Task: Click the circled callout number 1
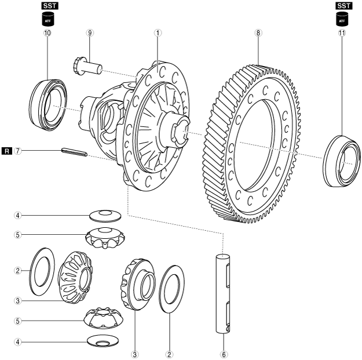point(157,33)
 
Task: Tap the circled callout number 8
point(258,33)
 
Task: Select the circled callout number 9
point(90,33)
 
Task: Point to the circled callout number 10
point(47,33)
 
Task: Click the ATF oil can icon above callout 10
point(47,19)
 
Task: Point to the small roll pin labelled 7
point(74,153)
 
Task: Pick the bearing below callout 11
point(342,161)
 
